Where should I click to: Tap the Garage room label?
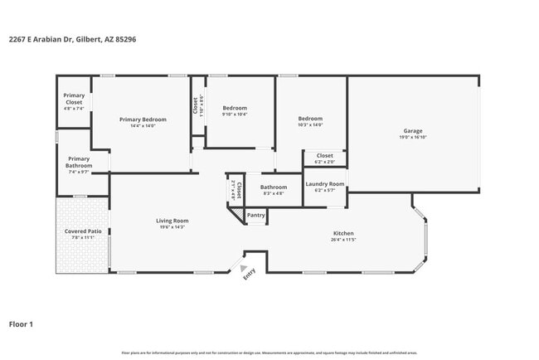point(413,131)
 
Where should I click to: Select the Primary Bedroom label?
point(143,119)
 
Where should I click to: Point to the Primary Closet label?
point(74,99)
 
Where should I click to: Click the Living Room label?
point(172,221)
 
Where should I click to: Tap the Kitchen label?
point(343,233)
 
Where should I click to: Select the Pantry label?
point(256,216)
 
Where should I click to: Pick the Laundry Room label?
point(324,184)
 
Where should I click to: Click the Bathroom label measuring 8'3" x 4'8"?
point(273,187)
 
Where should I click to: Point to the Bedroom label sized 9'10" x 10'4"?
point(235,108)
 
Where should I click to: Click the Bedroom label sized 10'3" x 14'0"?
point(310,119)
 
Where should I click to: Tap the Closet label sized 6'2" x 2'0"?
point(324,155)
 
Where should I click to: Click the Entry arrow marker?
point(244,269)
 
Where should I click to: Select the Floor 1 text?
point(21,324)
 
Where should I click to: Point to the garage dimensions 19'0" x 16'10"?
point(413,138)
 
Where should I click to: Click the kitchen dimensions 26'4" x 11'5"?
point(343,240)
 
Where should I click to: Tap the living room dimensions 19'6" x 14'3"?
point(172,227)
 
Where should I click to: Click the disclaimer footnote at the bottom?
point(269,353)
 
